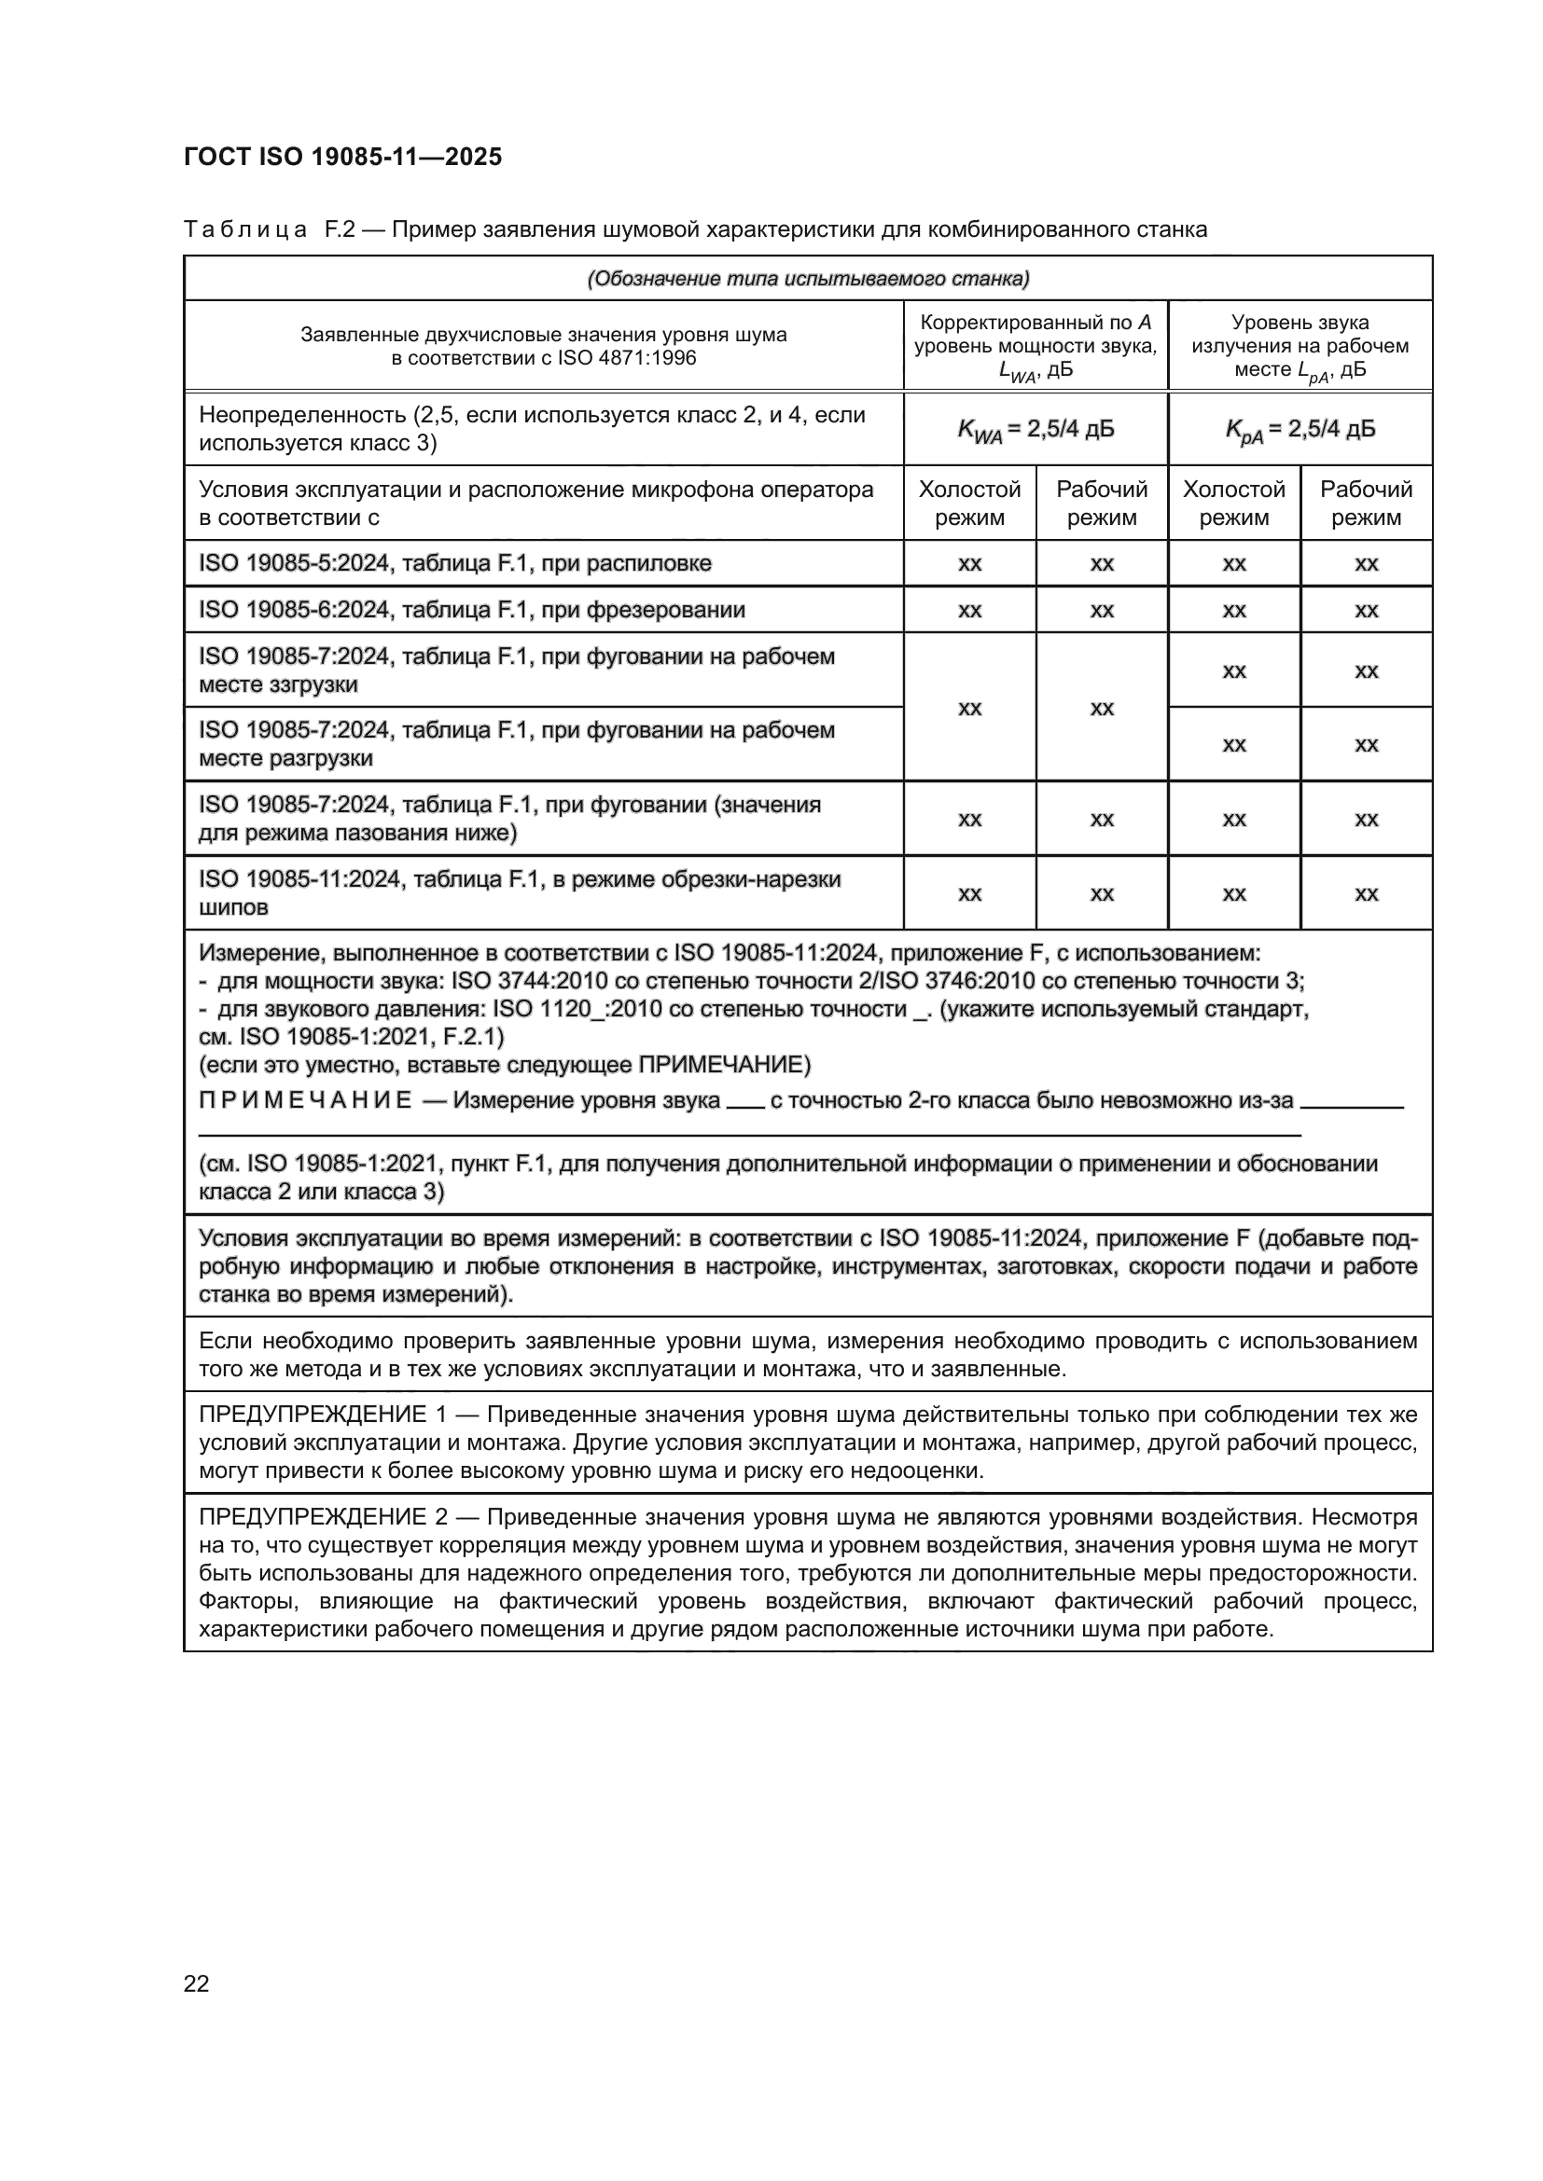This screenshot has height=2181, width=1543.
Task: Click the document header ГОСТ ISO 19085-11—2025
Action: point(342,157)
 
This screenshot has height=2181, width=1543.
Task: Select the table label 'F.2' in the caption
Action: point(340,229)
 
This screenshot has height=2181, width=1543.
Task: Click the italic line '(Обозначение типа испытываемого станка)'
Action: point(808,278)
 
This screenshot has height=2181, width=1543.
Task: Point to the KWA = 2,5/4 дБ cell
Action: point(1035,429)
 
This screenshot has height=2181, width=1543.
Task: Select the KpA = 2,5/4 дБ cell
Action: point(1299,429)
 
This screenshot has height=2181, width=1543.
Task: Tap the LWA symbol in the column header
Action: point(1016,372)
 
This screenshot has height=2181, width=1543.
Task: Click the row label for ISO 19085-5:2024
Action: point(454,563)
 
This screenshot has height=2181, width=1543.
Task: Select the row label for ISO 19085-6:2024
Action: point(471,610)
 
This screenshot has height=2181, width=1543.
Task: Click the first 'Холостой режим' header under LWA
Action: point(969,503)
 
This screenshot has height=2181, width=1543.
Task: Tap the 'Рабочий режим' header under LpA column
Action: point(1366,503)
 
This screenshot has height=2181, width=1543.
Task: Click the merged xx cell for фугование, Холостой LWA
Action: point(969,708)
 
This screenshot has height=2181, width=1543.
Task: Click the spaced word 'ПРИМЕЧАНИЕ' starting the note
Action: point(305,1100)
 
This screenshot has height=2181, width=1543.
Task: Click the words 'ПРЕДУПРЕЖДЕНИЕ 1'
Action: point(321,1415)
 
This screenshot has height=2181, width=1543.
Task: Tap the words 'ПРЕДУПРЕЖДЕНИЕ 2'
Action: point(321,1517)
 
